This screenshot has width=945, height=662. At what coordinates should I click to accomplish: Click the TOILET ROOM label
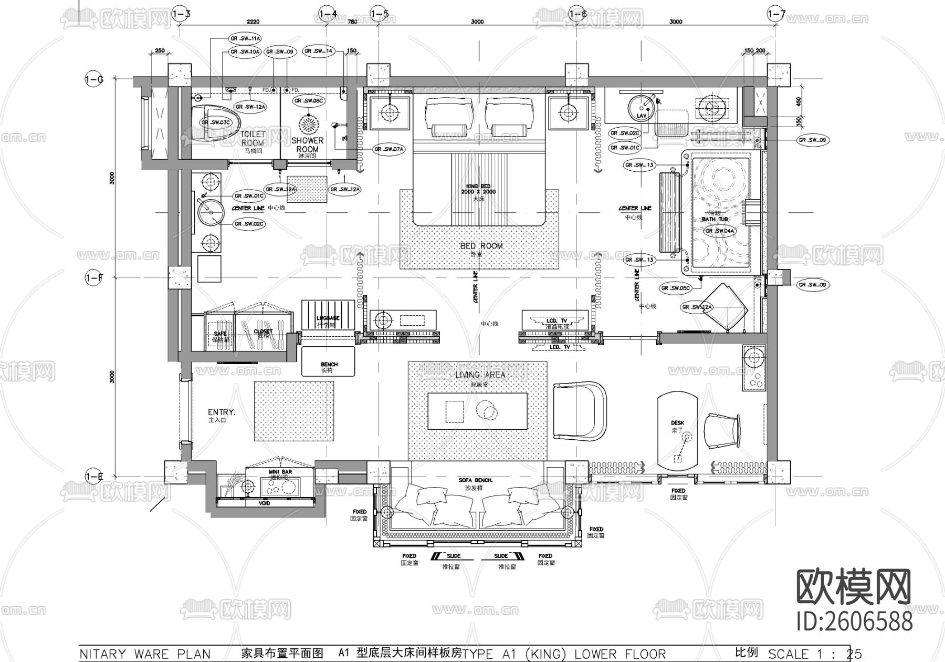point(253,138)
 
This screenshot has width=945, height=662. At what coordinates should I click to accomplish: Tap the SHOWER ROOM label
point(307,144)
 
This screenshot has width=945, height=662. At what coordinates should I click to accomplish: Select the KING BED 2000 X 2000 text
point(478,189)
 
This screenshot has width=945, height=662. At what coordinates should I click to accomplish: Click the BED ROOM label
point(481,246)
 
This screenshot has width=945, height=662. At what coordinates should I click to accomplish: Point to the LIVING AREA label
point(480,375)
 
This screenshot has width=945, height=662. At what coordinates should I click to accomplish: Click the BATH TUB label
point(715,219)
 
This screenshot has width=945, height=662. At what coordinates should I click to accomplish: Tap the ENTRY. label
point(222,412)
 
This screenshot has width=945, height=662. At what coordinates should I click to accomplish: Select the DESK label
point(677,423)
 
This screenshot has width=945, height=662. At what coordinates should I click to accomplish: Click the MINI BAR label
point(280,472)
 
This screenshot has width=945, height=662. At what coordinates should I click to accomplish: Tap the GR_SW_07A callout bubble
point(389,149)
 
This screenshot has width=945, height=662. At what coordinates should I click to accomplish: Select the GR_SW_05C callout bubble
point(675,288)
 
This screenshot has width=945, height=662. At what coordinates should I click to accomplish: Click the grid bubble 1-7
point(776,13)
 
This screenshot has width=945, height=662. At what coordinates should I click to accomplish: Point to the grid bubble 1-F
point(93,277)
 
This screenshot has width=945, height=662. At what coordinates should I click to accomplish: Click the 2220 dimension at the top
point(254,22)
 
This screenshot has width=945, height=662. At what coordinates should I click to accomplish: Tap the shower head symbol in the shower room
point(308,124)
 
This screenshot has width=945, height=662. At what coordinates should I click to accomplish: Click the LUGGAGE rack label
point(328,318)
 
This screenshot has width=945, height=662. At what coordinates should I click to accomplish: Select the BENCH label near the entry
point(329,364)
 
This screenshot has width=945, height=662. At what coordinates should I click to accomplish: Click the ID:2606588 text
point(854,622)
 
